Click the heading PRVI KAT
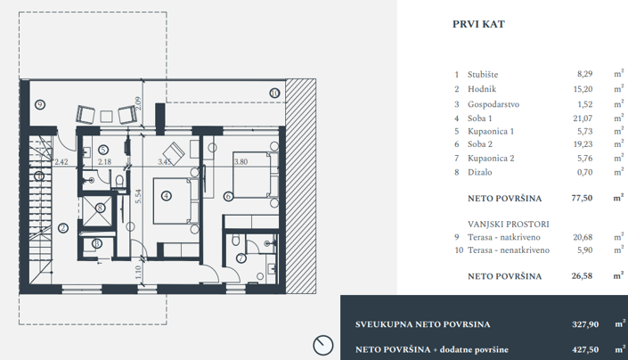478,25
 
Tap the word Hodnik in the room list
481,90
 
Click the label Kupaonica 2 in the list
491,159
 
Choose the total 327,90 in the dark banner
574,325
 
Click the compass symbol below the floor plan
323,344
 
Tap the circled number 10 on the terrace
274,92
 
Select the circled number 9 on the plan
39,104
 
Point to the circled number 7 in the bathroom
241,258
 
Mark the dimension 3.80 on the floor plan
241,162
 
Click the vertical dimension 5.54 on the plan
139,198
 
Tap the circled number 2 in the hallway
63,227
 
